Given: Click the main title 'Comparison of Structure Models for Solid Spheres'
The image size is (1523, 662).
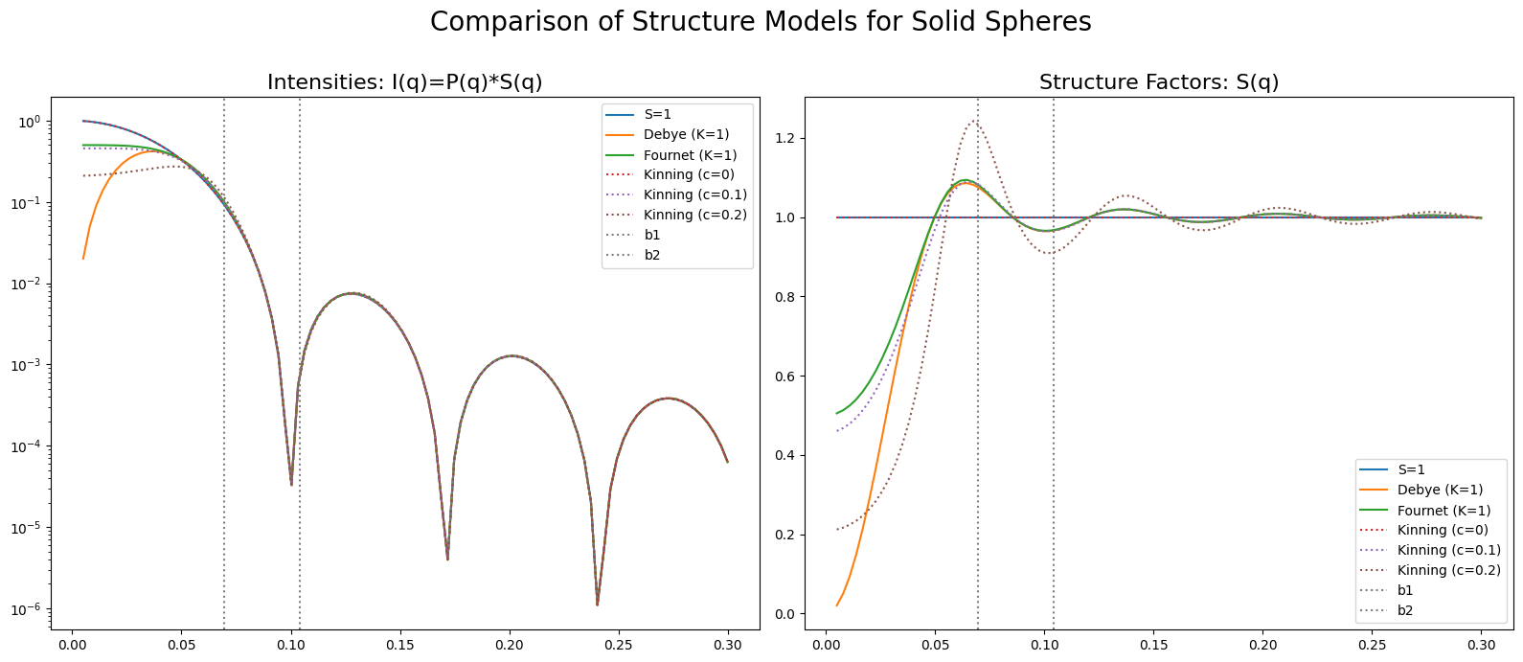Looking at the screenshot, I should coord(761,22).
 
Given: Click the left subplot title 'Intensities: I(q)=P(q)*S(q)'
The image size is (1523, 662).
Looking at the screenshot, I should coord(404,82).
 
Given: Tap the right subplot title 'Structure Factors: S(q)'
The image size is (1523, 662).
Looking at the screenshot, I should coord(1158,82).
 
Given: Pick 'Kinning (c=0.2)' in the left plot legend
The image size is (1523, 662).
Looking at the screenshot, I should coord(694,215).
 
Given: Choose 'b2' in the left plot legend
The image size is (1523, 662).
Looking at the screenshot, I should coord(651,255).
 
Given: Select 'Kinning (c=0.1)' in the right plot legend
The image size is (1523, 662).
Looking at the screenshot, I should coord(1448,550).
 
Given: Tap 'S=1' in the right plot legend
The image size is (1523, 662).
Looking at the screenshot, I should coord(1411,469).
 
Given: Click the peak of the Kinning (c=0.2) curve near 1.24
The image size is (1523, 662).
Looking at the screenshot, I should coord(974,122).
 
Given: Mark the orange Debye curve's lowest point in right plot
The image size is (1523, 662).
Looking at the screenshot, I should coord(837,605).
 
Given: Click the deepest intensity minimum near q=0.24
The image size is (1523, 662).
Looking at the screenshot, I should coord(597,604).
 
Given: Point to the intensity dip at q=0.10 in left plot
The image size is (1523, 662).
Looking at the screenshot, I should coord(291,484).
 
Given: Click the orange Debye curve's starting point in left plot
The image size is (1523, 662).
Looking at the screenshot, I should coord(83,258).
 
